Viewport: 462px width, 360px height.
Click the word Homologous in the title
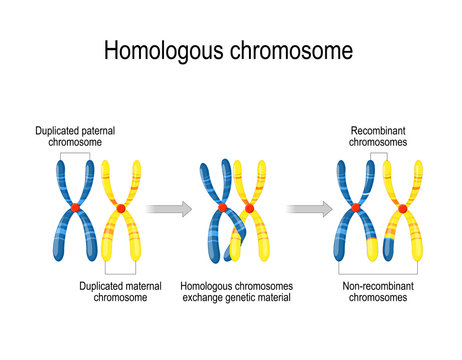pos(165,51)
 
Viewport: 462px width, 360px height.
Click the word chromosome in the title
pos(290,51)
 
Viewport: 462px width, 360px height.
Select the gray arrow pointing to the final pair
pos(310,208)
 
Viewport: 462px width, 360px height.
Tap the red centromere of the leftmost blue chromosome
pos(74,207)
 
